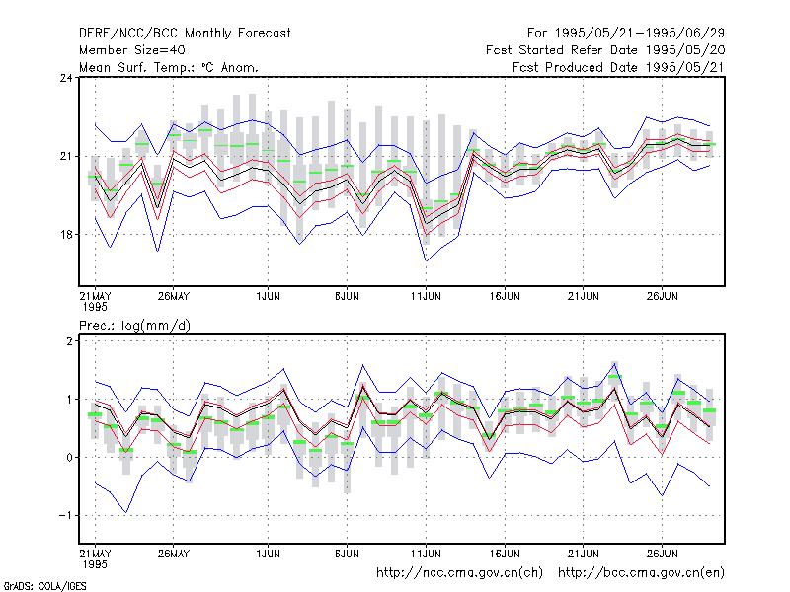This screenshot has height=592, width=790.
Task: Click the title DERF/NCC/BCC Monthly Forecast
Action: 185,34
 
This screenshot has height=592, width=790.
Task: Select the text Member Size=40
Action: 132,50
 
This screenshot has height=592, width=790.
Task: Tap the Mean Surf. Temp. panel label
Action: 169,67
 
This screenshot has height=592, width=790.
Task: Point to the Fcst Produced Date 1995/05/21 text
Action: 618,67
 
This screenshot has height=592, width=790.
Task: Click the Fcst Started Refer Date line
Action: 605,50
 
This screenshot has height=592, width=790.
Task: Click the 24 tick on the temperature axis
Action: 66,78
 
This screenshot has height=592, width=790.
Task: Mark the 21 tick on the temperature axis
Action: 66,156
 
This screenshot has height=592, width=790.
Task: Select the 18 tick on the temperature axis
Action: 66,235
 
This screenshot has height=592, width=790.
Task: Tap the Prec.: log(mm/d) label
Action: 134,326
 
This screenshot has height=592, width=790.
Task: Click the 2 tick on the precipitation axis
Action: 69,340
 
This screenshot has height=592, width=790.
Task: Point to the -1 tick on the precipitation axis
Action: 65,515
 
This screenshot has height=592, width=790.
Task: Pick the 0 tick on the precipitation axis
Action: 69,458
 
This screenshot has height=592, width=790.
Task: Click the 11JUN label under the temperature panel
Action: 426,296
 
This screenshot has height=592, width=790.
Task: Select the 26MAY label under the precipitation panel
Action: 174,554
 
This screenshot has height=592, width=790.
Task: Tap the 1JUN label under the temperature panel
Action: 268,296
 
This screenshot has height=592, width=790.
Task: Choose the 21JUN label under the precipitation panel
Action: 584,554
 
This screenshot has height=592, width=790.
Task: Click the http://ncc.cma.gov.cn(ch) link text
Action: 459,573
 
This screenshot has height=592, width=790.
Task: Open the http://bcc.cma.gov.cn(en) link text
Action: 641,573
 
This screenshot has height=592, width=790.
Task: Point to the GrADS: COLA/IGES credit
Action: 44,586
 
